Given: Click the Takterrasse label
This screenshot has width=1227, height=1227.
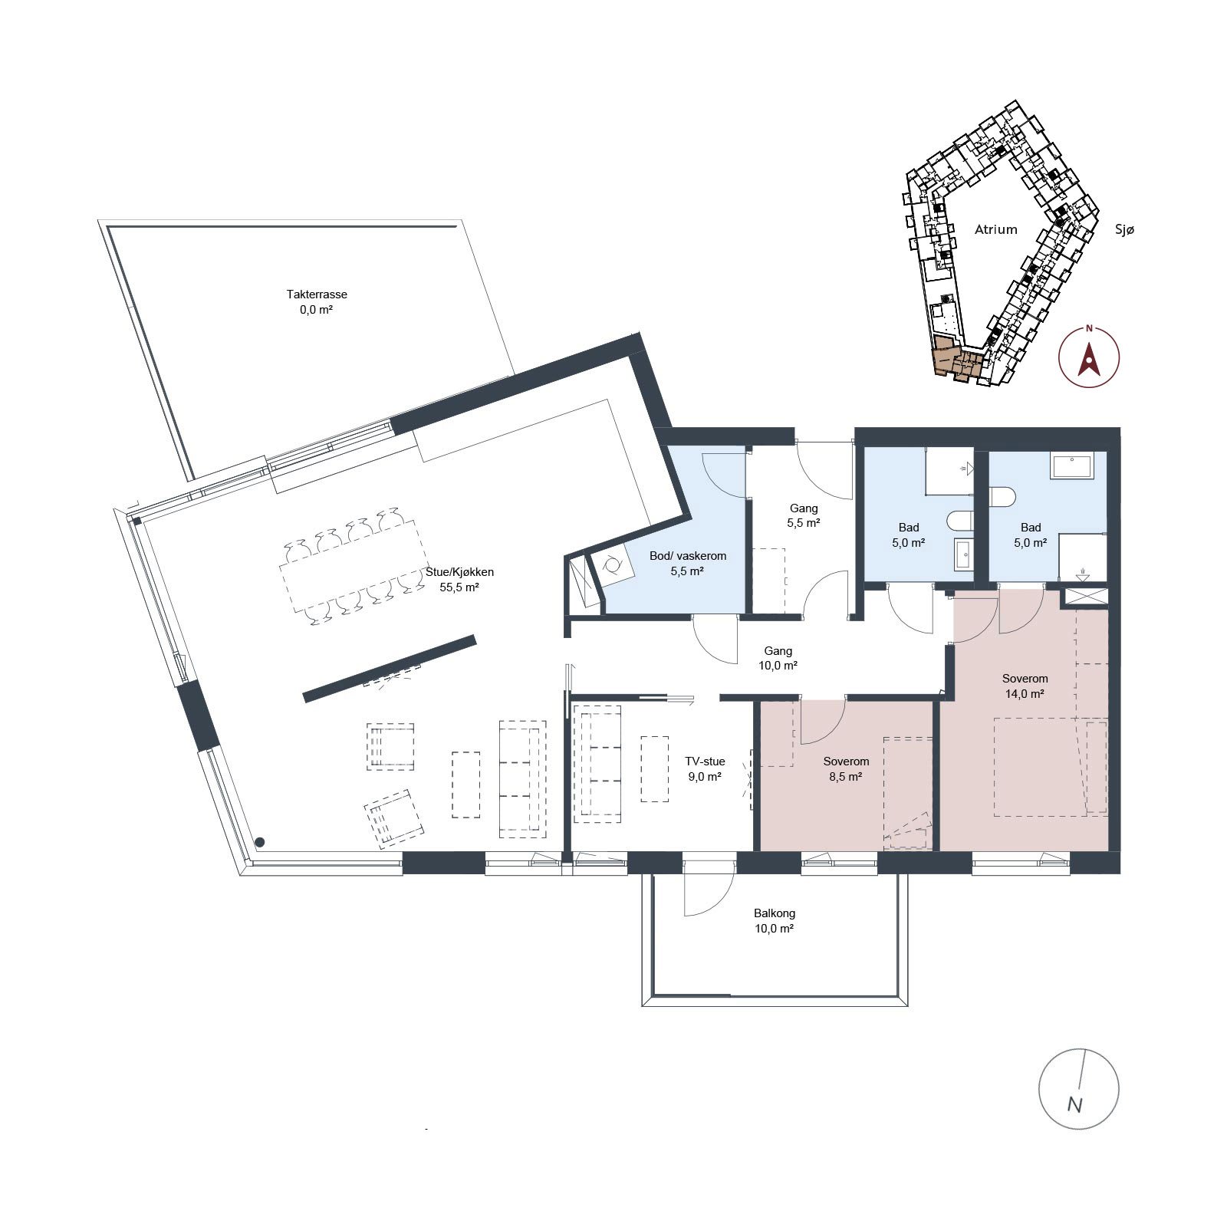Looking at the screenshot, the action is [x=317, y=294].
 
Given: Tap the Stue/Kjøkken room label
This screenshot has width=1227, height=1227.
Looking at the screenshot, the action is [x=459, y=572].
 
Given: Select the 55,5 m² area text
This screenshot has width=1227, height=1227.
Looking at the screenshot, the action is [x=459, y=588].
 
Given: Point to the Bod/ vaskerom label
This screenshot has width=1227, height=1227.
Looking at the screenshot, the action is [x=688, y=556].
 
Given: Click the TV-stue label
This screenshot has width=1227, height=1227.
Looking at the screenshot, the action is [x=705, y=762].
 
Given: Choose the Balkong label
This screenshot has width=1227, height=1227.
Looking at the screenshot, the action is [x=775, y=913].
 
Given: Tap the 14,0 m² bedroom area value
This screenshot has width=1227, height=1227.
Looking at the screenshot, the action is [x=1025, y=694].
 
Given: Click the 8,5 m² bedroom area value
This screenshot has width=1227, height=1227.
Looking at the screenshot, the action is [x=846, y=777].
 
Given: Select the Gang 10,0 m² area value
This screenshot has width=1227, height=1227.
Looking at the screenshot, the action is [x=778, y=666].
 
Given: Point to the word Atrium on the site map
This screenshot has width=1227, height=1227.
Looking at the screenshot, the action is [x=996, y=229].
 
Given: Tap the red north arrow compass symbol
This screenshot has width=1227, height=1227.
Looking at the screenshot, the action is [x=1088, y=357].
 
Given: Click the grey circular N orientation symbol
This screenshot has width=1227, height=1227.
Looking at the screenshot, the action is [x=1079, y=1088].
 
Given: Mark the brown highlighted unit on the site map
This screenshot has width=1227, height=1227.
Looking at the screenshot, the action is [x=956, y=359].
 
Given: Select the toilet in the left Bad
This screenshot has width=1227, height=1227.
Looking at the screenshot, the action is [x=959, y=521].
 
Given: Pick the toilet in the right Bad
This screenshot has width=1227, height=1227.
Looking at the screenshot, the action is [x=1002, y=497].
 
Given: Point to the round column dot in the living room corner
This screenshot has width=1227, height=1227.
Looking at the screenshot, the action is [x=261, y=841].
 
